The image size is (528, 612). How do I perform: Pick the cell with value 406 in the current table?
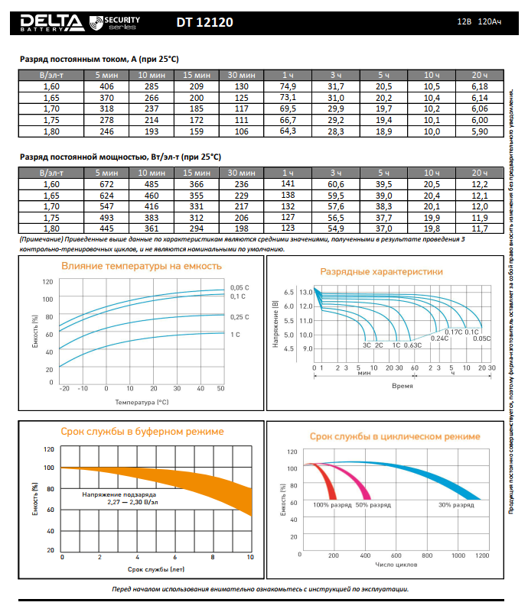pos(106,88)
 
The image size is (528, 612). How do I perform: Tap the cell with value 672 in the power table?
pos(106,184)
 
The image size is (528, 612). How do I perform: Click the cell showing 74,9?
pos(288,88)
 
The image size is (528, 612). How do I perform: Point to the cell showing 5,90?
pos(479,131)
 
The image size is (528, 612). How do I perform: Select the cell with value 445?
pos(106,228)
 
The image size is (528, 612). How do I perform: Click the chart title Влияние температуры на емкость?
pos(142,266)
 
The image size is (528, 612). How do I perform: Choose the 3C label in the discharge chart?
pos(367,345)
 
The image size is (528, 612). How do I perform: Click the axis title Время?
pos(403,386)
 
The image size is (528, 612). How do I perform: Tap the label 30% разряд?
pos(455,505)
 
